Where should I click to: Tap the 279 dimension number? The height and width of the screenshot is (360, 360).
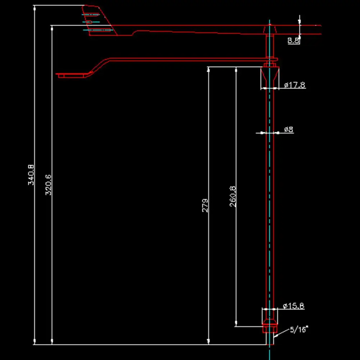205,205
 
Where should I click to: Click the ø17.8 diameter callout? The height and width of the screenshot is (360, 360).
295,85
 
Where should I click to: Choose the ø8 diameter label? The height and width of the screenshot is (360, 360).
289,129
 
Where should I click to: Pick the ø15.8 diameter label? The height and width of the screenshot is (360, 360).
293,306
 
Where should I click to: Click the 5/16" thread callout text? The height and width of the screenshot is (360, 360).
300,329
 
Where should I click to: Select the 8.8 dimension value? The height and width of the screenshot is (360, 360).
293,40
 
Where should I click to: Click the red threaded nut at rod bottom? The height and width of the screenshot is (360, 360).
270,328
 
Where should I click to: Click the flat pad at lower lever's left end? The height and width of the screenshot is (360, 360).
72,75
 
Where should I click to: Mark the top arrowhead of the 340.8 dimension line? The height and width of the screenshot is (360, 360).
35,8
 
